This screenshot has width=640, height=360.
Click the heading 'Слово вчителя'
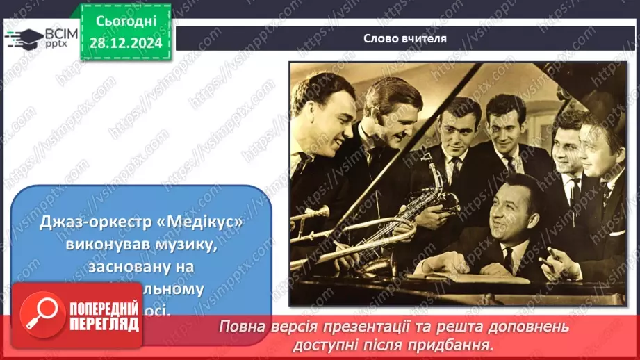404,39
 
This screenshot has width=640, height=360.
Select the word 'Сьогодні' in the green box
125,24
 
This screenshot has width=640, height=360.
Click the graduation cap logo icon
23,37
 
